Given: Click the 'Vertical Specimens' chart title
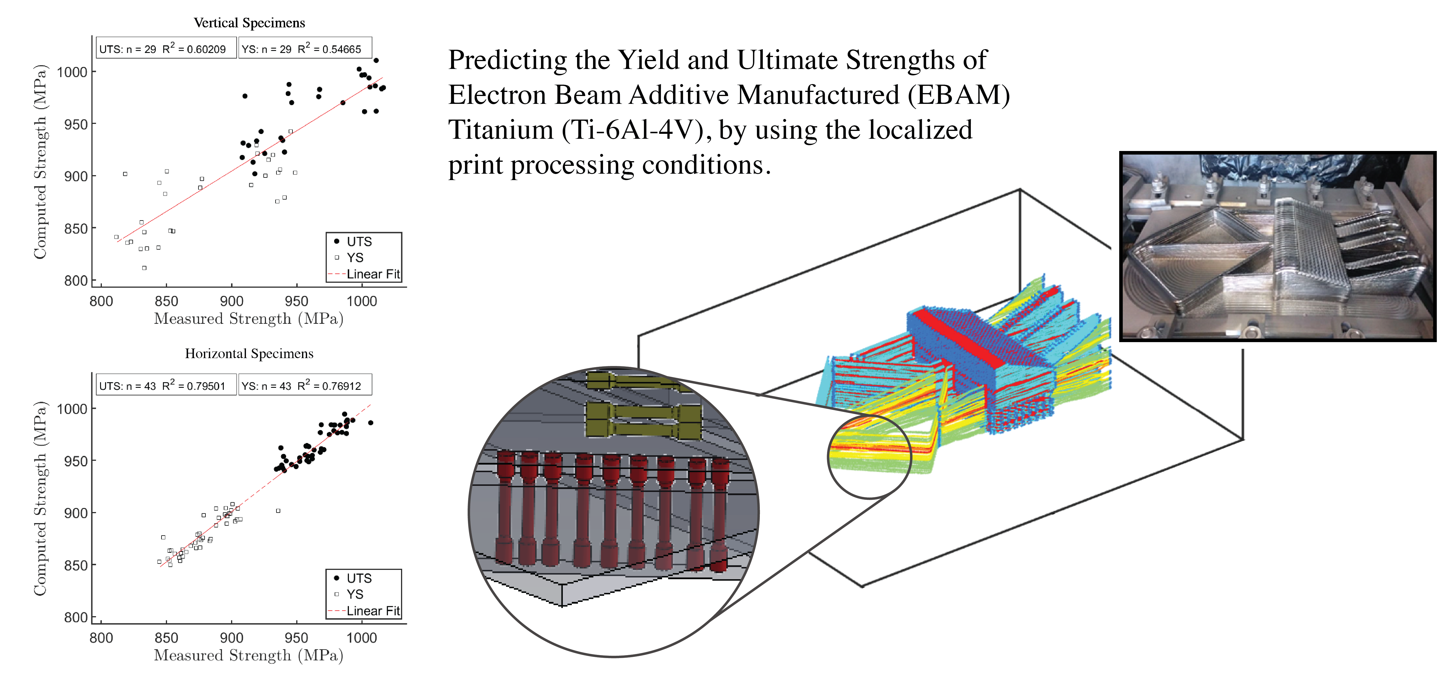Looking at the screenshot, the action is click(249, 23).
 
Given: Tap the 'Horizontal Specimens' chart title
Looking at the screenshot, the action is click(249, 353).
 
